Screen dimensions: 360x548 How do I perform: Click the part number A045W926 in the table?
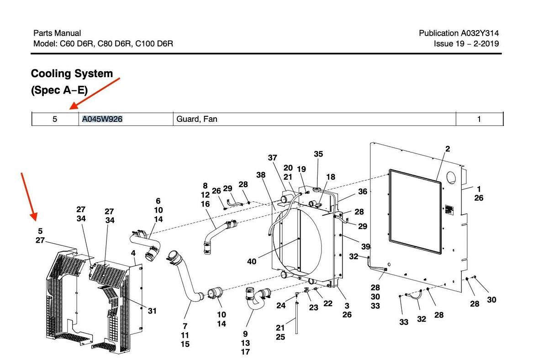(102, 120)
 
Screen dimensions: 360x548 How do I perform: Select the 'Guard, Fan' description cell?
(197, 120)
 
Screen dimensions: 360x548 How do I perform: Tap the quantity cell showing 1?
(479, 120)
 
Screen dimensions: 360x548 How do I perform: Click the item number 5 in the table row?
(55, 120)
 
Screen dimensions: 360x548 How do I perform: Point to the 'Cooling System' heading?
(72, 73)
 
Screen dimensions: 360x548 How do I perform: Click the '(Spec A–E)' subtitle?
(59, 90)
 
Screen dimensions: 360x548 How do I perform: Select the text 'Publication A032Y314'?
(459, 33)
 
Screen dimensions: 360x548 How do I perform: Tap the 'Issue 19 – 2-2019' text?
(466, 44)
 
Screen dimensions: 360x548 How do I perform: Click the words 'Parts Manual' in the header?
(57, 33)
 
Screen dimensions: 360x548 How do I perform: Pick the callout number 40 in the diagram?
(252, 261)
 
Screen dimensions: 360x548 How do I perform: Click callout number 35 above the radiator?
(318, 154)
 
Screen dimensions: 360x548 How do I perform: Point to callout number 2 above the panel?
(448, 149)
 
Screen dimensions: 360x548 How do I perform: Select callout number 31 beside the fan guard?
(152, 311)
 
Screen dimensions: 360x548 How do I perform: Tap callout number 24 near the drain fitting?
(281, 305)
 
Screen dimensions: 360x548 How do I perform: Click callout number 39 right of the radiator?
(365, 247)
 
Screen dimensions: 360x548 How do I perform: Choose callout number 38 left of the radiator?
(261, 175)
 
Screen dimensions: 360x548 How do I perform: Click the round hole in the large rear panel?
(452, 177)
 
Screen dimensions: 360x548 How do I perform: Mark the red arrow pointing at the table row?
(95, 94)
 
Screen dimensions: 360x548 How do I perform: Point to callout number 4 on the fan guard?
(133, 253)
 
